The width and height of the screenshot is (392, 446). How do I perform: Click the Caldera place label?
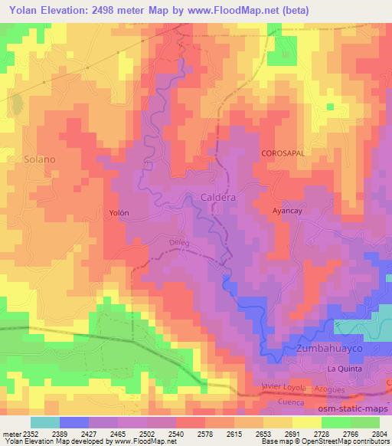click(x=217, y=197)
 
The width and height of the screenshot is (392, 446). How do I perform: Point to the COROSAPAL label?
click(x=283, y=153)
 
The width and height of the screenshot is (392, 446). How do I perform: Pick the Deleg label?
click(x=178, y=243)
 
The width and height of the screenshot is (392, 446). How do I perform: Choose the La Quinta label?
click(x=344, y=369)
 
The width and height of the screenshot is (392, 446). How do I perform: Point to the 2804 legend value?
click(x=380, y=433)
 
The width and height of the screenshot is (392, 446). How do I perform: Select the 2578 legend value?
click(x=205, y=433)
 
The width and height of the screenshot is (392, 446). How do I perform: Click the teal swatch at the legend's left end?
click(x=45, y=422)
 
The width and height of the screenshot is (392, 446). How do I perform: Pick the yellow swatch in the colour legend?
click(x=306, y=422)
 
